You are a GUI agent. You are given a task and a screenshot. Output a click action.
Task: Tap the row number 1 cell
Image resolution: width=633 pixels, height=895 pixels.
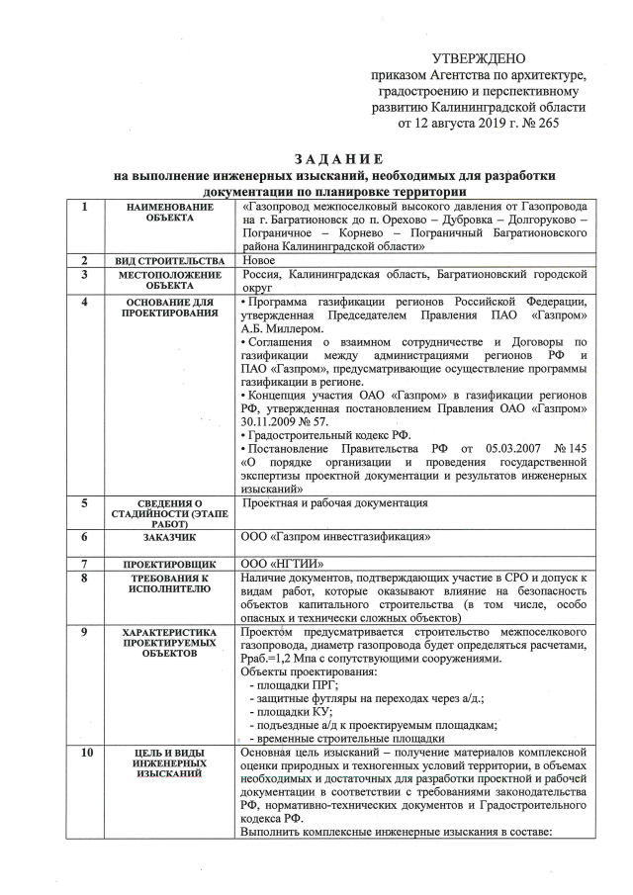(x=86, y=207)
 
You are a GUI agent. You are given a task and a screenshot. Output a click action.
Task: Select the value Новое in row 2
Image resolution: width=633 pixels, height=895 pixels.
(x=260, y=258)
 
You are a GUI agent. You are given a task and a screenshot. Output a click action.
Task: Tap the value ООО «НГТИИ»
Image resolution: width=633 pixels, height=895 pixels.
(x=276, y=563)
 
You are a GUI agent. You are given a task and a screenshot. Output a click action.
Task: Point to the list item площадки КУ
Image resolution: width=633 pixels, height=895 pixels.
(x=292, y=711)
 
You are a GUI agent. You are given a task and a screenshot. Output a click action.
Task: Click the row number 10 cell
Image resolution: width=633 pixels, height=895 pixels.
(x=86, y=755)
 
